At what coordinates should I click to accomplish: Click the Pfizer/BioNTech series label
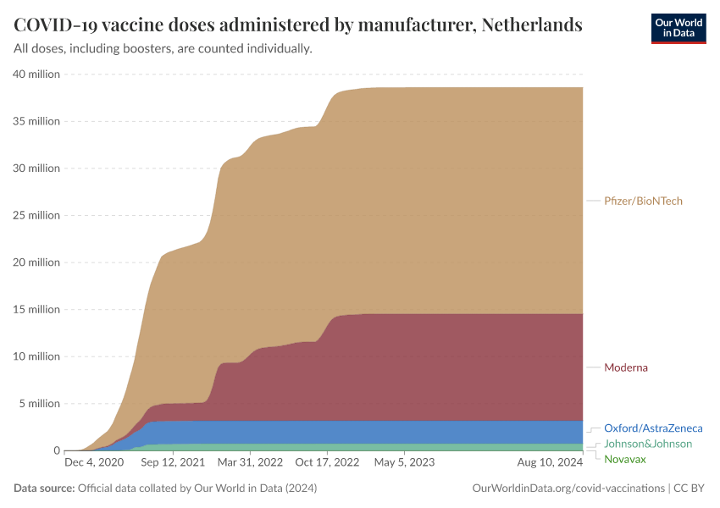tap(643, 201)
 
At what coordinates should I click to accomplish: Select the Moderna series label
tap(625, 367)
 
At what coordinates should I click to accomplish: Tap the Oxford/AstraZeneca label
tap(653, 428)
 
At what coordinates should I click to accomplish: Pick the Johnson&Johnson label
tap(648, 444)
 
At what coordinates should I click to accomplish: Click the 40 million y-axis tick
tap(36, 74)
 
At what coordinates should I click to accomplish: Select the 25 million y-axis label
tap(36, 215)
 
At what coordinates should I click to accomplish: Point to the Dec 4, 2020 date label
tap(94, 463)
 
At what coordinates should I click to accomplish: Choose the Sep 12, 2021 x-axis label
tap(172, 463)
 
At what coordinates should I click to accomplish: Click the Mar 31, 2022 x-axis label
tap(250, 463)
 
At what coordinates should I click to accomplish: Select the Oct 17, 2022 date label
tap(328, 463)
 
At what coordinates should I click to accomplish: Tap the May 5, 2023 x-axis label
tap(404, 463)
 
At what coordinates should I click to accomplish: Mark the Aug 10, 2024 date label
tap(550, 463)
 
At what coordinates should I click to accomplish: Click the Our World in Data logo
tap(678, 28)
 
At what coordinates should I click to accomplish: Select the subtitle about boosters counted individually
tap(163, 49)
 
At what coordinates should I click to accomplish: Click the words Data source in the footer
tap(43, 489)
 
